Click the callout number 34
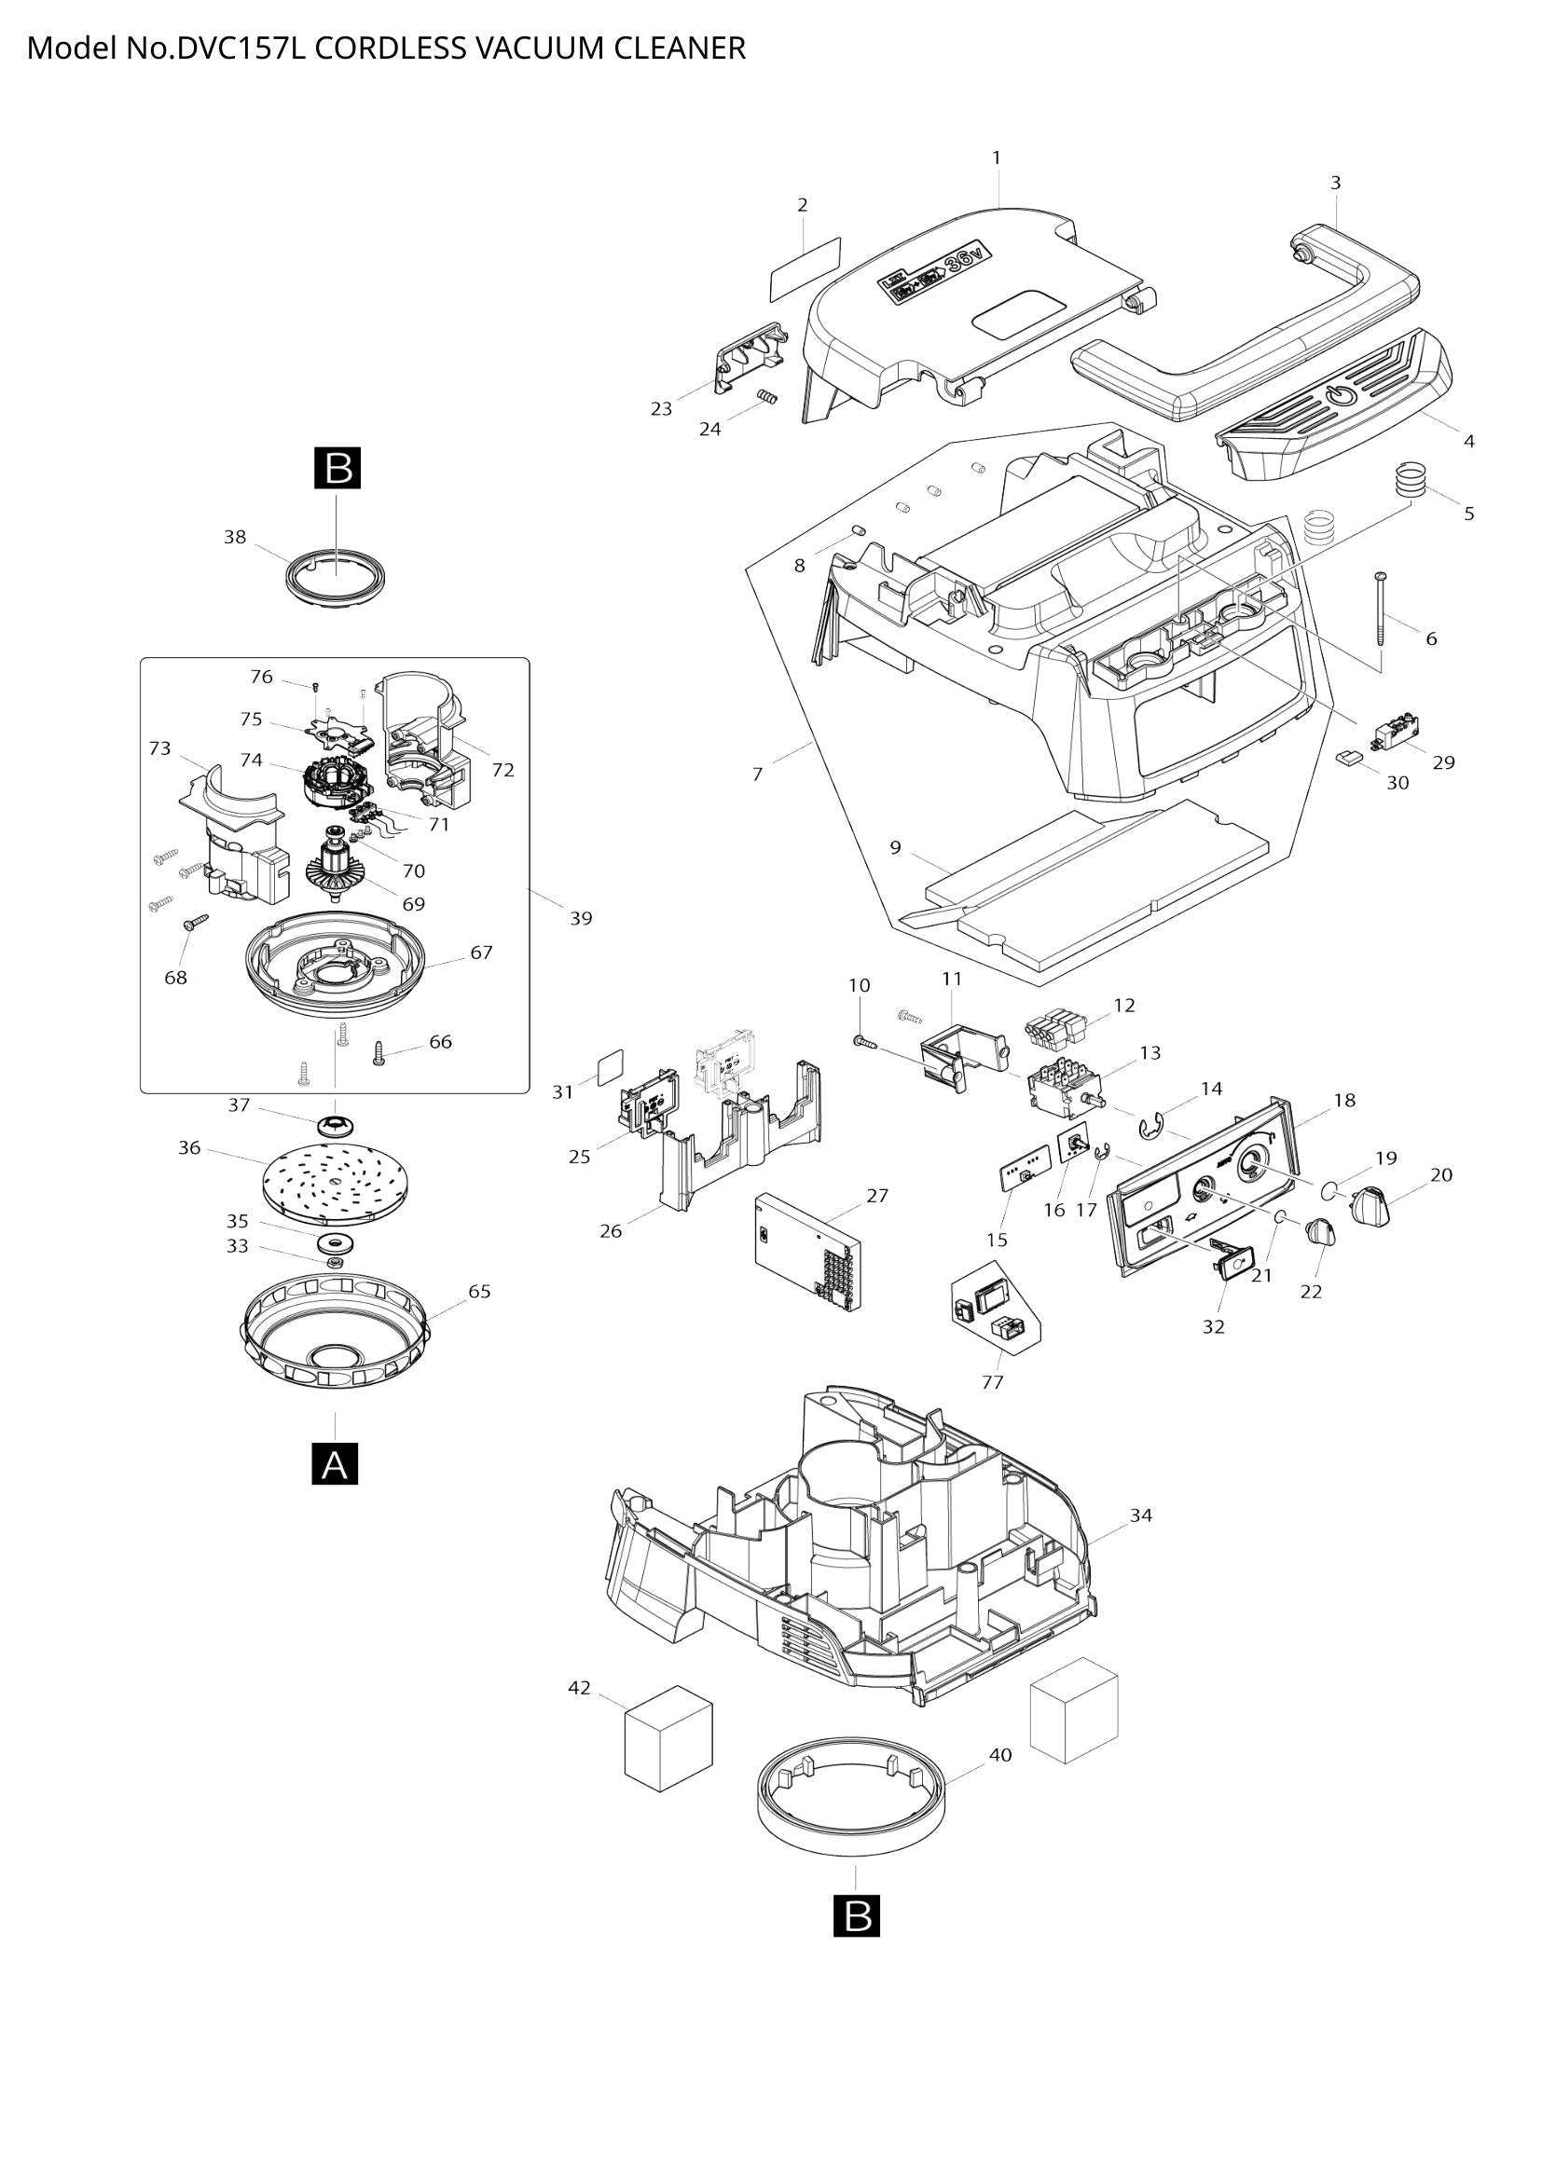point(1140,1515)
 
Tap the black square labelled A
point(336,1463)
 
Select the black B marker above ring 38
point(337,469)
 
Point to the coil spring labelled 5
point(1411,477)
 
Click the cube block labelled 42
point(668,1738)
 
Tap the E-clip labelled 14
point(1150,1128)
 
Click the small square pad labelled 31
point(610,1066)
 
